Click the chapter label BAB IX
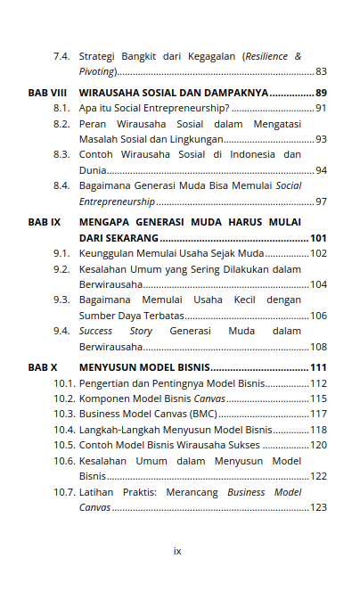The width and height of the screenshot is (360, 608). coord(42,221)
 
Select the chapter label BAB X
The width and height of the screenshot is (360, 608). coord(41,367)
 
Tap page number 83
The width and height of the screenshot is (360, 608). coord(321,71)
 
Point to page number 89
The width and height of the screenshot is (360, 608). coord(321,93)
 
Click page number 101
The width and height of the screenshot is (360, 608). coord(318,238)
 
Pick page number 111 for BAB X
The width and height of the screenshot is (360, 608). coord(318,367)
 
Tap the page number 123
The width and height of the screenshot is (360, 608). coord(318,507)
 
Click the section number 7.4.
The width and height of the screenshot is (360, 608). coord(61,56)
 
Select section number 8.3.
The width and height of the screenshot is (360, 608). coord(61,154)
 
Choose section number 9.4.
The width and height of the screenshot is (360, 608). coord(61,331)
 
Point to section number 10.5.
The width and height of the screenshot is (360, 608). coord(64,445)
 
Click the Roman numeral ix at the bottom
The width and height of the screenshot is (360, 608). coord(177,551)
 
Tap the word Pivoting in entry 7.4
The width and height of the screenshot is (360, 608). coord(96,71)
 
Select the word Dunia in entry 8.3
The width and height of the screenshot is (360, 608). coord(92,170)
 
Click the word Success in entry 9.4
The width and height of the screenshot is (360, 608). coord(96,331)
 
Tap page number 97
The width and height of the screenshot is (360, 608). coord(321,201)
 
